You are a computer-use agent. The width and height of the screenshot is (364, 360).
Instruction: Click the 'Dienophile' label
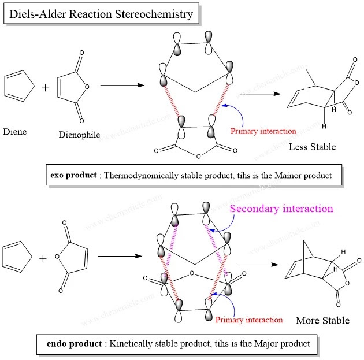(x=79, y=136)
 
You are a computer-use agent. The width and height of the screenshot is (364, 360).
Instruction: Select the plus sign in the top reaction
(x=45, y=88)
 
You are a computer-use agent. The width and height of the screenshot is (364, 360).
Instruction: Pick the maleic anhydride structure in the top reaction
(x=77, y=87)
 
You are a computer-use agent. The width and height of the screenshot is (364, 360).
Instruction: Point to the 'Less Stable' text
(x=312, y=147)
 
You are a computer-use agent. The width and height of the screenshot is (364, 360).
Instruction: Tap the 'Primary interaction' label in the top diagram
(x=263, y=131)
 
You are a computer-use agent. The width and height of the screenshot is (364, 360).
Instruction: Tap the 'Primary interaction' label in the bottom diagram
(x=249, y=320)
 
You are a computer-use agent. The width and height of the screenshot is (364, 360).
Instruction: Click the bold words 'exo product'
(x=72, y=175)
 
